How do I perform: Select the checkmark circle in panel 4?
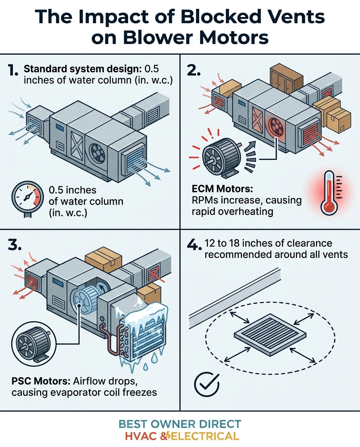point(207,384)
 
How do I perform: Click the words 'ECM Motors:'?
point(222,189)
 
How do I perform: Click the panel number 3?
point(15,245)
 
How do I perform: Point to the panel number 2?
point(194,70)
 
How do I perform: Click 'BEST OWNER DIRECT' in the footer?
point(180,424)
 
